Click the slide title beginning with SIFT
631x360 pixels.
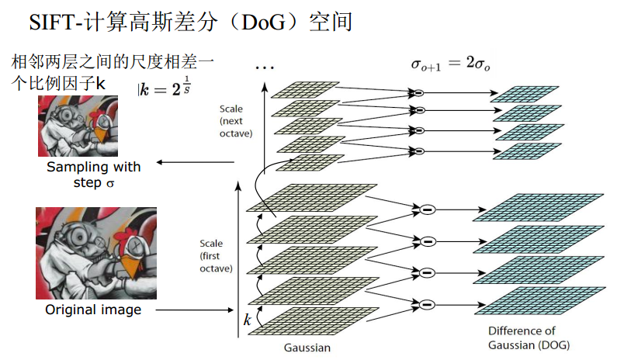click(x=191, y=22)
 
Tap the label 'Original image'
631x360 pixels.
click(x=93, y=310)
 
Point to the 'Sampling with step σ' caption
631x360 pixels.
click(x=93, y=175)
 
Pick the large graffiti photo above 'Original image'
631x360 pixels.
click(x=96, y=253)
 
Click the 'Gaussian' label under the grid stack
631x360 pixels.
click(x=307, y=348)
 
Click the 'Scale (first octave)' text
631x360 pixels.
click(x=215, y=256)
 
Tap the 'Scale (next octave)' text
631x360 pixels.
click(x=231, y=122)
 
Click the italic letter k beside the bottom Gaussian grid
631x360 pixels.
click(x=248, y=319)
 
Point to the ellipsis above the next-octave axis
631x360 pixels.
click(x=265, y=70)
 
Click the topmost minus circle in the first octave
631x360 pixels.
click(x=425, y=209)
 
